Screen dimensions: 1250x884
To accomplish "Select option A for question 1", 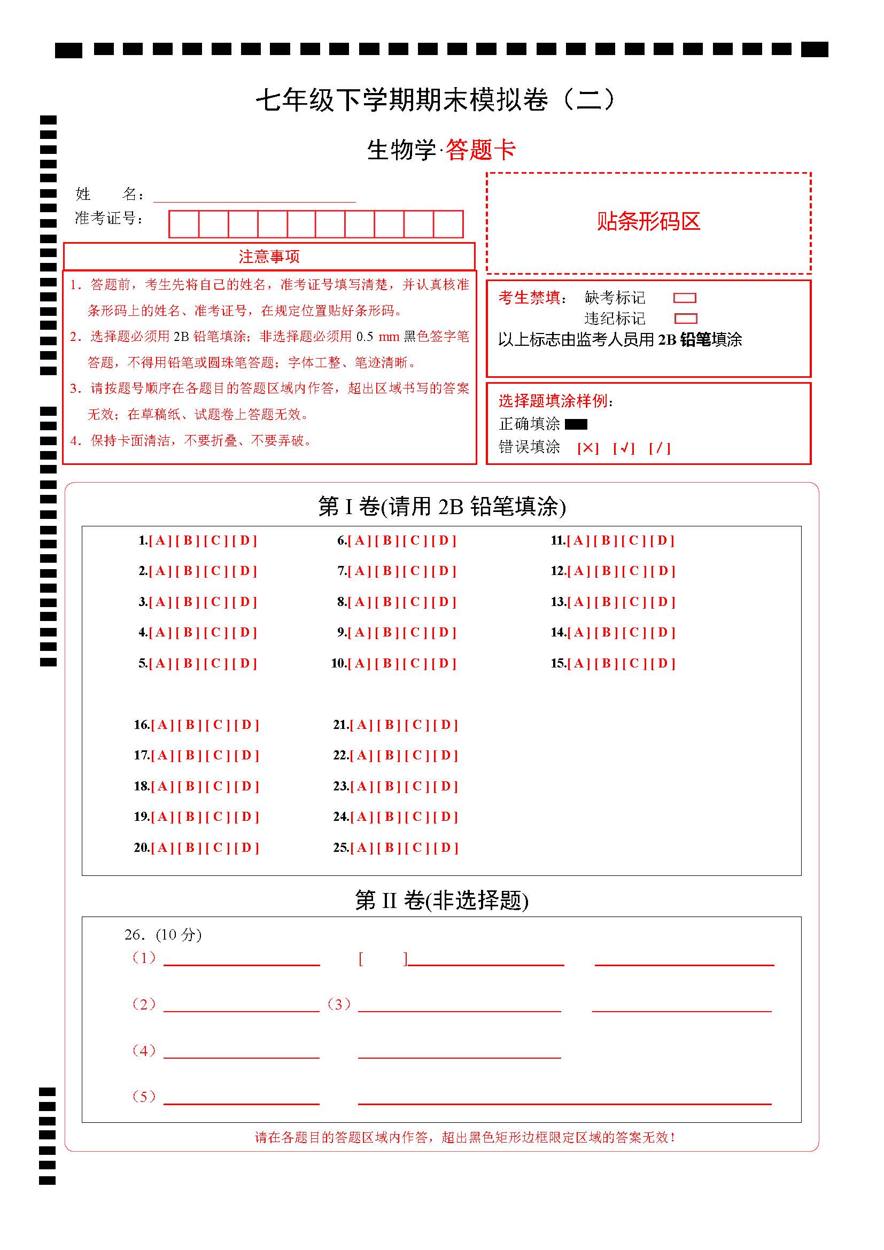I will pos(160,541).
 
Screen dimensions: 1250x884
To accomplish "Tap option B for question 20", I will pos(190,848).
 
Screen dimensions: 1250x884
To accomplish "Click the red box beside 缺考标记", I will pos(685,298).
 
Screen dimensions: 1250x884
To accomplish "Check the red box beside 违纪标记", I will pos(685,319).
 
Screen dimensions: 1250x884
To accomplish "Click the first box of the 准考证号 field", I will pos(184,224).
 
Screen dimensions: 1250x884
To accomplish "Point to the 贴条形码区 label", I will pos(648,222).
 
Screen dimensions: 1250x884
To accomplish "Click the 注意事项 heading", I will pos(269,257).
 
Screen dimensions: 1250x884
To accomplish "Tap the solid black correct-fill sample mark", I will pos(576,424).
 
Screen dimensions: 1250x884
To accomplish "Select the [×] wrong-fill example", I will pos(588,448).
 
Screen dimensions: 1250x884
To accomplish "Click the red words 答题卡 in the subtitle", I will pos(480,150).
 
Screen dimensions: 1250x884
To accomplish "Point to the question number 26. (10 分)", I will pos(163,934).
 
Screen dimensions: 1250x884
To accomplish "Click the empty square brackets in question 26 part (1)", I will pos(383,959).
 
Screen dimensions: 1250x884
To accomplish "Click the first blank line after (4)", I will pos(241,1052).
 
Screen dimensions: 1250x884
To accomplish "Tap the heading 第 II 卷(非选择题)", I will pos(441,900).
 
